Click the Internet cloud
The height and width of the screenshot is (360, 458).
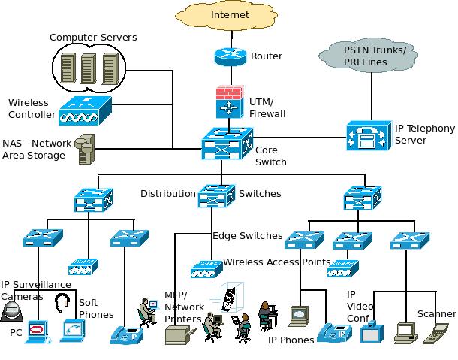[229, 16]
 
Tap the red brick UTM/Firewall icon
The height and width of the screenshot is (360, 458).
[228, 101]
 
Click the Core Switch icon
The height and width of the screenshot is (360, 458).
[227, 142]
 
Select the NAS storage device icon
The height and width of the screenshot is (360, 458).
[87, 148]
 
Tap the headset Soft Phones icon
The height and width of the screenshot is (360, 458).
[62, 304]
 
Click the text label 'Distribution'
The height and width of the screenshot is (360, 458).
[168, 194]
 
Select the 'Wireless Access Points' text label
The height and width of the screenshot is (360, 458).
[277, 262]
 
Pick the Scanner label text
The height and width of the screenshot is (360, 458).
[437, 314]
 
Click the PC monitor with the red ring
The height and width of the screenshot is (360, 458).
[36, 330]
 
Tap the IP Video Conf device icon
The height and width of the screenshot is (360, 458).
[372, 331]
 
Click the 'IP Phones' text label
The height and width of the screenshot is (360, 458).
[291, 340]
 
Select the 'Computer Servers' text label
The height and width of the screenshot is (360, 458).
[94, 37]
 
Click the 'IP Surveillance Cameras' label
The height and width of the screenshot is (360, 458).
[35, 290]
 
